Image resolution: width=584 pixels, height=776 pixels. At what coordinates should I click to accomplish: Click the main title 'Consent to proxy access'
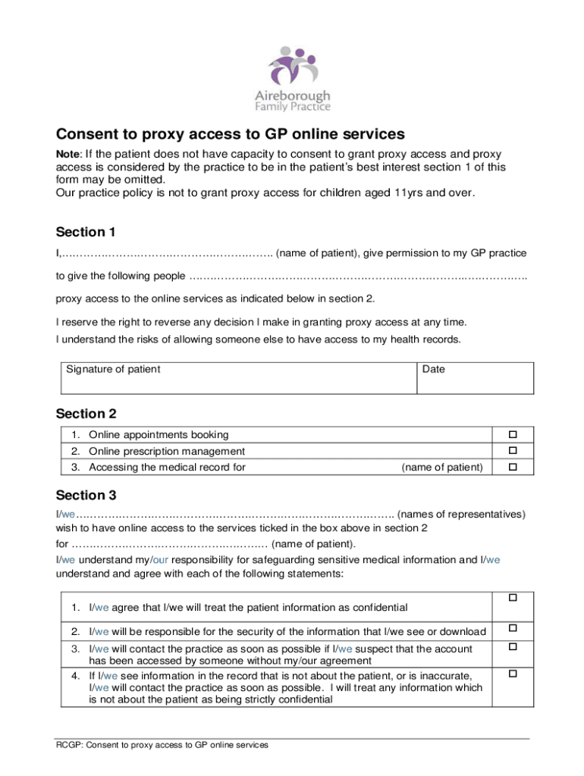coord(231,134)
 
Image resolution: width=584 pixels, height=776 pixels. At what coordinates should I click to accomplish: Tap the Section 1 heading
coord(86,232)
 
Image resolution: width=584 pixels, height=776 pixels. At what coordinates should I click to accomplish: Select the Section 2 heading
coord(86,414)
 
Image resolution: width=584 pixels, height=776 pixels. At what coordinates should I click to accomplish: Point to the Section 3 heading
coord(86,496)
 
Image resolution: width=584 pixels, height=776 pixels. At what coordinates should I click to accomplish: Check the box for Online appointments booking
coord(513,435)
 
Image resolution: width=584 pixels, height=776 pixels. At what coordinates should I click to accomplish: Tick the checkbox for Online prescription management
coord(513,451)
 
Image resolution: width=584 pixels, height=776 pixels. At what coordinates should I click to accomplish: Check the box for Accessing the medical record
coord(513,467)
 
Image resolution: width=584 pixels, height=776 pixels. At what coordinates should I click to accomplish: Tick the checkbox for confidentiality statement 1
coord(513,599)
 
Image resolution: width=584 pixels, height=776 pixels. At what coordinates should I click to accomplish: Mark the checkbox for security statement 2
coord(513,628)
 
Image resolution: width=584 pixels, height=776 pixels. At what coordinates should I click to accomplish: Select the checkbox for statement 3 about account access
coord(513,646)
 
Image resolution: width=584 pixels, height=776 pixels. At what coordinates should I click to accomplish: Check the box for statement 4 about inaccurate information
coord(513,673)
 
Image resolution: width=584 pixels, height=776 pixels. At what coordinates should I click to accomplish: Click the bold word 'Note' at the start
coord(68,154)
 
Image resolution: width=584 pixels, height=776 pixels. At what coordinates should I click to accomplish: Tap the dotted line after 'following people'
coord(356,276)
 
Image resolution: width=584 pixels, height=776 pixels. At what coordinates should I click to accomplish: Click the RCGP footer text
coord(162,745)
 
